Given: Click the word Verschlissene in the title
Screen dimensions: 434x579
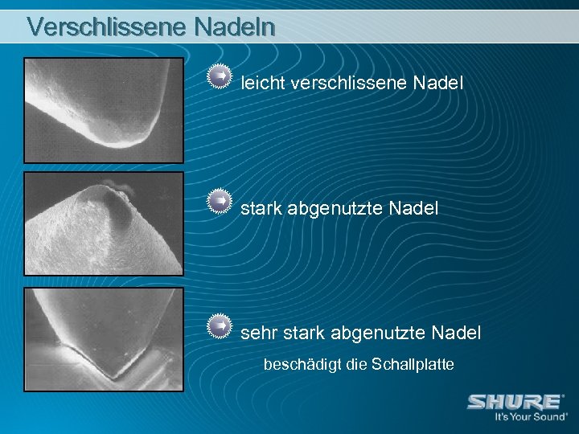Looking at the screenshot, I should point(106,26).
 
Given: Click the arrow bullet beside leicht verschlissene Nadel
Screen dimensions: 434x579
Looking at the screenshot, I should point(217,76).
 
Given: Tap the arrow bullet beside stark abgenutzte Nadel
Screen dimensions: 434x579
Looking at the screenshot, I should point(217,201).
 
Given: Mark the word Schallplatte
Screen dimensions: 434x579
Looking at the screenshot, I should point(413,365).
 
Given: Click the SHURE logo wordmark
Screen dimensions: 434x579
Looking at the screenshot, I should point(515,402).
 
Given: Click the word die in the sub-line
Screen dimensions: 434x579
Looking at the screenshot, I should point(356,365).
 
